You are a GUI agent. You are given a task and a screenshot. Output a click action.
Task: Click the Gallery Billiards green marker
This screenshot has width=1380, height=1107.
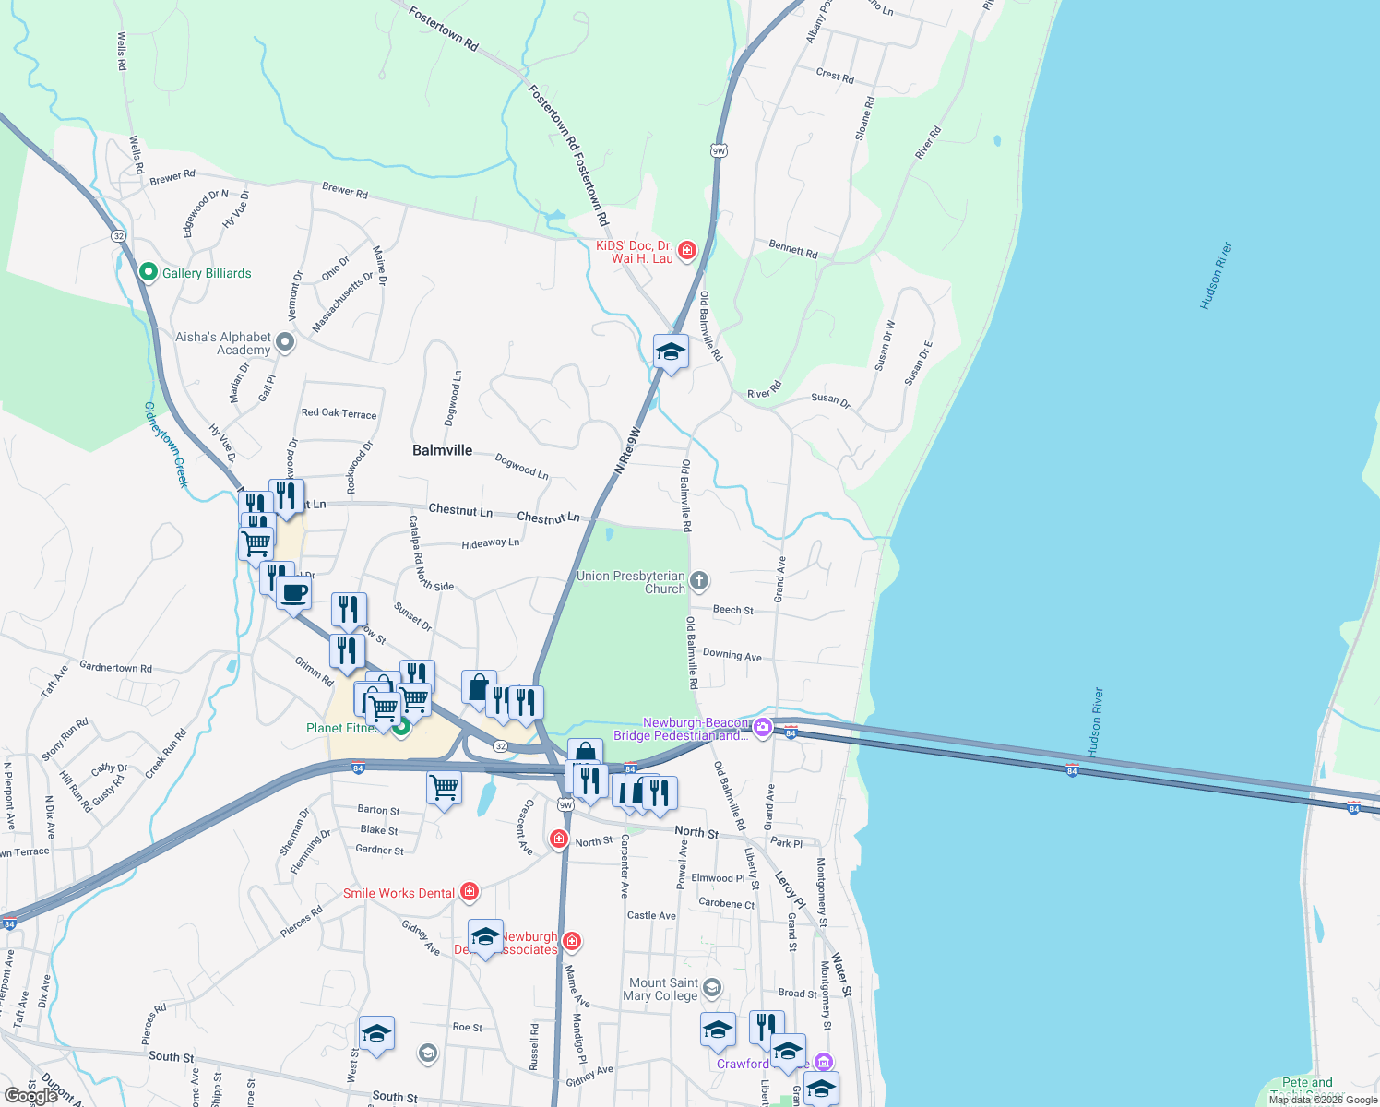coord(148,272)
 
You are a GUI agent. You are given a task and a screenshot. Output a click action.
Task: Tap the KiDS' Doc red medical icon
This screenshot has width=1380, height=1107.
coord(687,251)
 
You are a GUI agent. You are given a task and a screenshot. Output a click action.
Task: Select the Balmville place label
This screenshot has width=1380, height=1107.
coord(442,450)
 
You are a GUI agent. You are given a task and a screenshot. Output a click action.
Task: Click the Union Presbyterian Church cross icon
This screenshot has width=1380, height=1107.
coord(699,581)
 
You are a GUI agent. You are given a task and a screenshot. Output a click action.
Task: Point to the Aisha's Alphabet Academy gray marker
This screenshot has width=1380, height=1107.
coord(285,343)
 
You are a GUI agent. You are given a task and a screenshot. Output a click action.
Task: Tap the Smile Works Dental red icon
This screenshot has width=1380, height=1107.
coord(470,891)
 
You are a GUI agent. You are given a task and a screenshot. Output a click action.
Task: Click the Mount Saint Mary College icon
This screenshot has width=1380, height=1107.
coord(711,989)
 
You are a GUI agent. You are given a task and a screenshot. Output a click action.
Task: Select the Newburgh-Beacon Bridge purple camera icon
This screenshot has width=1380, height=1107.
coord(762,729)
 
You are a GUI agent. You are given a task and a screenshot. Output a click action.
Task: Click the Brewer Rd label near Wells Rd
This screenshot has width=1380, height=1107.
coord(172,176)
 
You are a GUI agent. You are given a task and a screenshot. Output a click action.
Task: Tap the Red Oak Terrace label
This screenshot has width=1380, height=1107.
coord(339,413)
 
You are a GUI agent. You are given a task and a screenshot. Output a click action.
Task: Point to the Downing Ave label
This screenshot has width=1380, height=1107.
coord(732,655)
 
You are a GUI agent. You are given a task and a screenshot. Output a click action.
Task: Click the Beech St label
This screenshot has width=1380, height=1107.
coord(732,610)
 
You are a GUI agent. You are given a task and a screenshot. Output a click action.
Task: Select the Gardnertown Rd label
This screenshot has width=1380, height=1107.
coord(115,667)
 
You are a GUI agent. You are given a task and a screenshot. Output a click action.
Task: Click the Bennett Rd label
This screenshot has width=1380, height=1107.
coord(793,248)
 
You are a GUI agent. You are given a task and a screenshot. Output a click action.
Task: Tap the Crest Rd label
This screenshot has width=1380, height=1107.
coord(835,75)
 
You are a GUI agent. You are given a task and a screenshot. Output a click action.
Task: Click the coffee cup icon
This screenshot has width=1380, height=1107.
coord(293,592)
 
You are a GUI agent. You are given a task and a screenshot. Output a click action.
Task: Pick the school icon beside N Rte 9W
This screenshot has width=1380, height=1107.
coord(671,351)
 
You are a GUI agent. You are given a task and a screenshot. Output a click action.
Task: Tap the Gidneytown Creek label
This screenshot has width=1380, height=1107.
coord(166,444)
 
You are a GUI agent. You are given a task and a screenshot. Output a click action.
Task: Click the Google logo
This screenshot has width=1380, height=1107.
coord(30,1096)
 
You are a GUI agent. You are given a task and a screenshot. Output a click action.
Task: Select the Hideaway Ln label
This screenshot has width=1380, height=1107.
coord(490,543)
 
